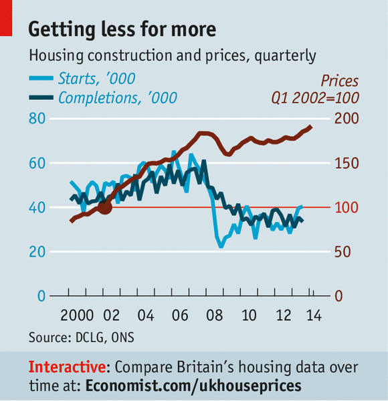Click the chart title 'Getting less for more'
click(122, 30)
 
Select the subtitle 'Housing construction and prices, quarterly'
click(172, 56)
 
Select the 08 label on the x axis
click(214, 315)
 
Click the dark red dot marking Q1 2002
click(104, 207)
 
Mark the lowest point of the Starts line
click(221, 246)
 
